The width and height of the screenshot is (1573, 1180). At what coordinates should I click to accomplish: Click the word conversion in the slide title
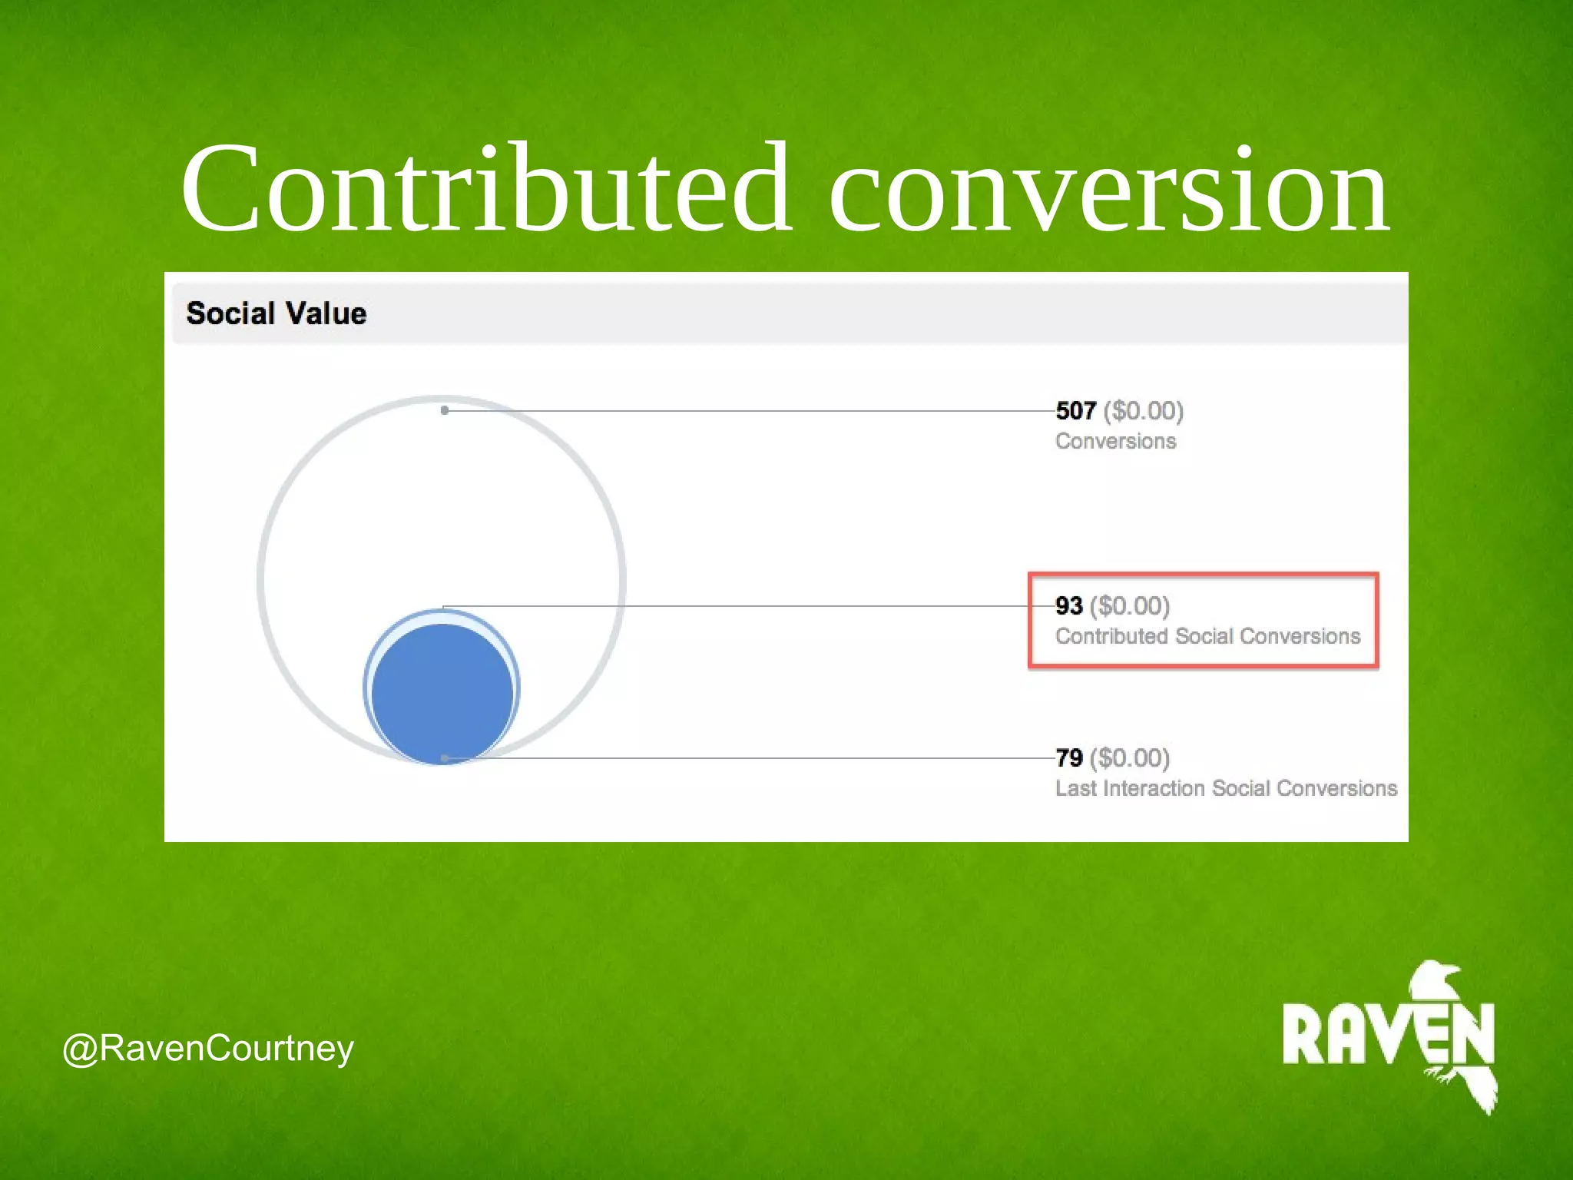point(1108,192)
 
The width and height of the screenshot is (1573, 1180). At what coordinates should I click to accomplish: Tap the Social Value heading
point(277,313)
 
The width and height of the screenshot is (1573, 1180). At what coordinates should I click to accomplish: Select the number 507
point(1075,411)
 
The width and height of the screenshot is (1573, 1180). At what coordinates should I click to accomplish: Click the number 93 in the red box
point(1068,606)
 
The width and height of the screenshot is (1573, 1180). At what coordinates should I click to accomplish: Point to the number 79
point(1068,758)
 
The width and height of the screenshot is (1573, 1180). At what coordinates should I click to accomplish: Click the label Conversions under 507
point(1115,442)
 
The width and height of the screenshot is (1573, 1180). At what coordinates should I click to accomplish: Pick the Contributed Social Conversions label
point(1207,637)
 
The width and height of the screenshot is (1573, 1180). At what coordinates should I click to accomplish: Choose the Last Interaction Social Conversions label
point(1226,789)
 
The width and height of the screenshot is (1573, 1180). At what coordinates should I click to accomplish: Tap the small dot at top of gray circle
point(445,410)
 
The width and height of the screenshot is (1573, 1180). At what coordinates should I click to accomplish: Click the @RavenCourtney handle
point(207,1049)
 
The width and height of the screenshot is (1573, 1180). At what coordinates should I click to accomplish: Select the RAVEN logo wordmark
point(1387,1035)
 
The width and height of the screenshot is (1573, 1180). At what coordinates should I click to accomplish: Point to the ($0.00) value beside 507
point(1144,411)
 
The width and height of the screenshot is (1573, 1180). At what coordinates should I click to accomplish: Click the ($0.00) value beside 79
point(1130,758)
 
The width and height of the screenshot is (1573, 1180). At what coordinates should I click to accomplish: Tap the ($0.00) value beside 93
point(1130,606)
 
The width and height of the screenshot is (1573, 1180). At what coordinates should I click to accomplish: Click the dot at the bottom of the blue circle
point(445,758)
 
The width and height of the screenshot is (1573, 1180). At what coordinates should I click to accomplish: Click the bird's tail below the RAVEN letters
point(1479,1091)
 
